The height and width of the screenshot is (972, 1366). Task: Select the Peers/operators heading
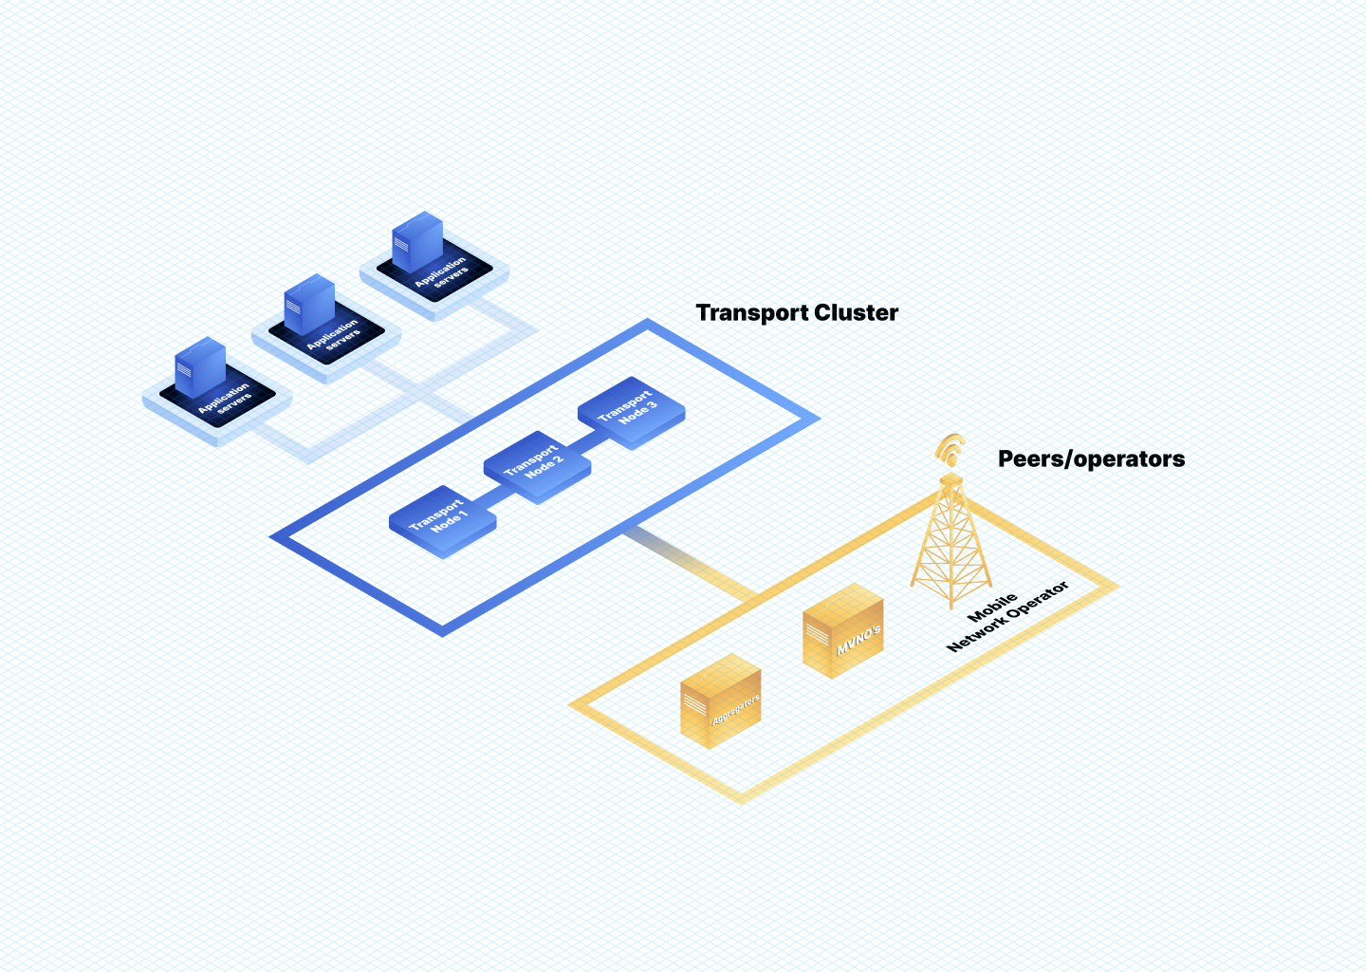pyautogui.click(x=1091, y=459)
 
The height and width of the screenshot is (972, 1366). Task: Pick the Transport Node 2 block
pyautogui.click(x=537, y=464)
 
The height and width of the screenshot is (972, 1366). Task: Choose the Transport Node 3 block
pyautogui.click(x=631, y=410)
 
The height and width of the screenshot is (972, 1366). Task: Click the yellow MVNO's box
pyautogui.click(x=843, y=630)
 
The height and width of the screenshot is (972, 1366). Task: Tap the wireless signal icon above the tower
pyautogui.click(x=950, y=449)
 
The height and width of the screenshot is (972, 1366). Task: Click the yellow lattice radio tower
pyautogui.click(x=951, y=546)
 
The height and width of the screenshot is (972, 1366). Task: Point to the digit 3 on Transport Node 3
pyautogui.click(x=653, y=404)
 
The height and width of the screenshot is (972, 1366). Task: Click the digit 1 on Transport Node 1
pyautogui.click(x=463, y=514)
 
